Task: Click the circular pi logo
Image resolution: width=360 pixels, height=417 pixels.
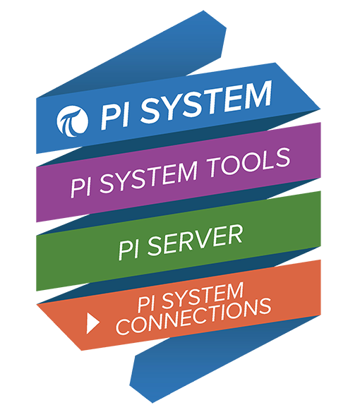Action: [x=73, y=121]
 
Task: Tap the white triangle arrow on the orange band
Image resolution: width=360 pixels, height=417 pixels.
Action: [x=93, y=323]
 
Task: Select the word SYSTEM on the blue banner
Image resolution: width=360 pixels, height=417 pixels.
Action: [x=206, y=102]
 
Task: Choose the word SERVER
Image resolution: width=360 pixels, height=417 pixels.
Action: [x=195, y=241]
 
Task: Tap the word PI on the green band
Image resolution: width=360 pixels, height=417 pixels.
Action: [x=128, y=250]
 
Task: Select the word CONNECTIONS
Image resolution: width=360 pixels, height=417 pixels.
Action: [x=193, y=317]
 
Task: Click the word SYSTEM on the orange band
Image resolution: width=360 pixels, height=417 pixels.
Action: [x=203, y=296]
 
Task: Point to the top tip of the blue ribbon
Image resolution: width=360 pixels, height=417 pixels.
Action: [x=203, y=11]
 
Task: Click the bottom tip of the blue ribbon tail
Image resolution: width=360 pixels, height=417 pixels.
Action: [x=152, y=403]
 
